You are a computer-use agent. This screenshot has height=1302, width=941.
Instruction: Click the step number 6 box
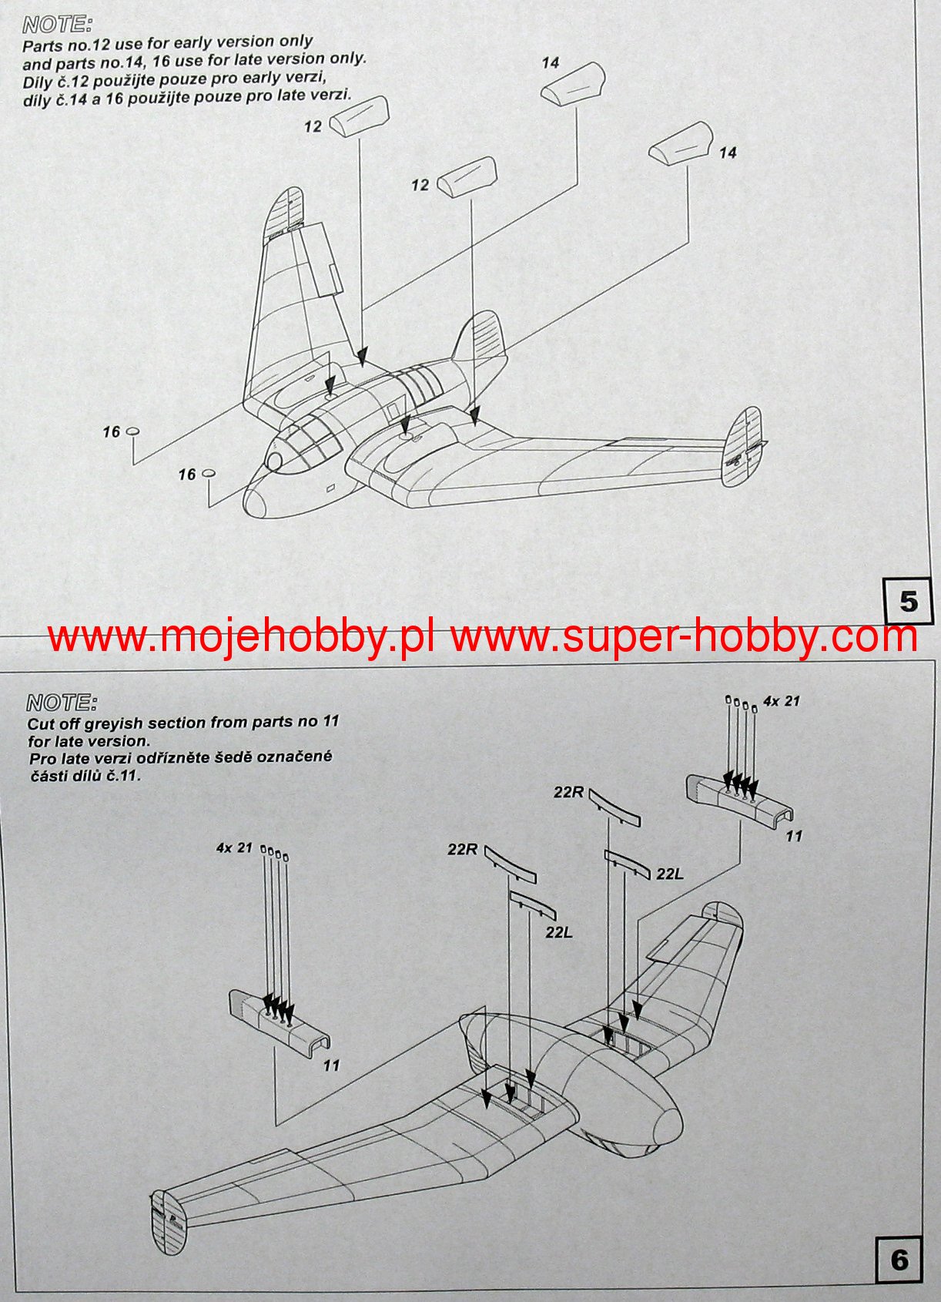click(899, 1260)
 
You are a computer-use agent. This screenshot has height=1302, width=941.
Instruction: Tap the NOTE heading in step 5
click(57, 24)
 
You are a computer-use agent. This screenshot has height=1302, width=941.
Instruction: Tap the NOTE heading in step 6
click(62, 703)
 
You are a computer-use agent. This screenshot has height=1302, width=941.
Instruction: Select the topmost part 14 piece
click(572, 84)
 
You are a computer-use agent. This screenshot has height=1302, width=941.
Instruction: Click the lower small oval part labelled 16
click(209, 473)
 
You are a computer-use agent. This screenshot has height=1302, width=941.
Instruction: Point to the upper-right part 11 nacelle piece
click(740, 799)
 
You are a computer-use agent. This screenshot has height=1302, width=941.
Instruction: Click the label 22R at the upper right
click(568, 791)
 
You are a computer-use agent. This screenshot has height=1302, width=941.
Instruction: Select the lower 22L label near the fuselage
click(559, 931)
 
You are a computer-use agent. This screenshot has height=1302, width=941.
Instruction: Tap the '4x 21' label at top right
click(781, 701)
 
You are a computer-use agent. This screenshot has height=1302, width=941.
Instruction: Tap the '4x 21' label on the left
click(234, 847)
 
